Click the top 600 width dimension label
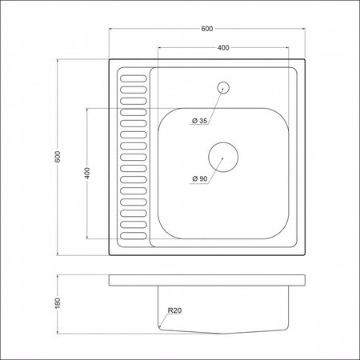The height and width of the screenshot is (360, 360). tap(207, 29)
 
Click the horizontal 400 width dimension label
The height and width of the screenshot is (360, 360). tap(224, 48)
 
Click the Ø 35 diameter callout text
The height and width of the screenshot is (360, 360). tap(199, 121)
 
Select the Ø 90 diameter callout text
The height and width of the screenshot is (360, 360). tap(199, 178)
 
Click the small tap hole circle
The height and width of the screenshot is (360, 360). tap(224, 86)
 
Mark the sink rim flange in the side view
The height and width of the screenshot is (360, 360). tap(207, 279)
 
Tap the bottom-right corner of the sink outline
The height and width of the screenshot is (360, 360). tap(306, 254)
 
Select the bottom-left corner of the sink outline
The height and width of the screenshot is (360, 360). tap(110, 254)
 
